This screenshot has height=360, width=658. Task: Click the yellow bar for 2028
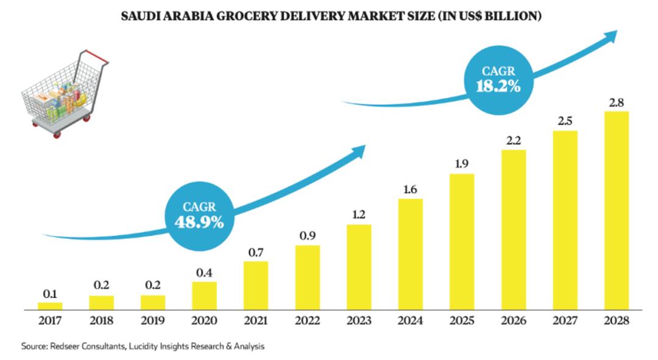tap(616, 210)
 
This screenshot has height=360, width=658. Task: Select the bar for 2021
tap(256, 285)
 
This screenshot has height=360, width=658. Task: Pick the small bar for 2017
tap(50, 306)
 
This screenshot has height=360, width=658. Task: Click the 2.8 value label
tap(616, 102)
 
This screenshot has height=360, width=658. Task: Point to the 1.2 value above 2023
tap(359, 214)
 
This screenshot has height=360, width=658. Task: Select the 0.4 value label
tap(204, 272)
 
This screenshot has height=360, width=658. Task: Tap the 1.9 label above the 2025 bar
tap(462, 164)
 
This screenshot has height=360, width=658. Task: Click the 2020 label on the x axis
tap(204, 320)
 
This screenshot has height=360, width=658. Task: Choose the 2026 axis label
tap(513, 320)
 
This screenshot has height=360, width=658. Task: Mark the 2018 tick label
tap(101, 320)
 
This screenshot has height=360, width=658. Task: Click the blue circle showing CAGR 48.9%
tap(199, 216)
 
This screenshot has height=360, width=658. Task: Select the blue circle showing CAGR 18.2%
tap(498, 79)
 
